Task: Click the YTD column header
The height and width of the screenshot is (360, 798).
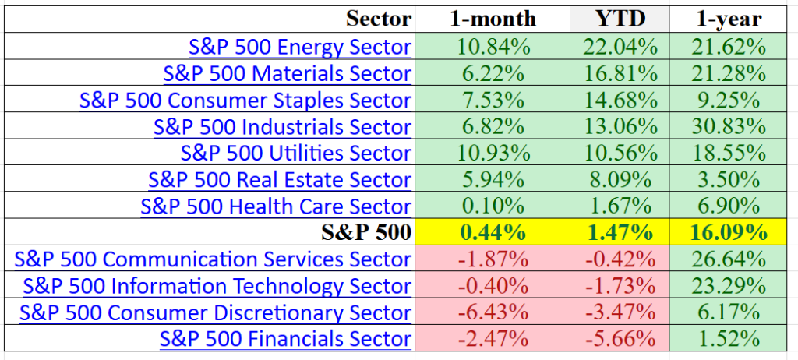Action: point(620,19)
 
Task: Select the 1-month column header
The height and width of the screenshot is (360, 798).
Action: point(493,19)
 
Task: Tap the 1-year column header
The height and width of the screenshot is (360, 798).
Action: point(729,19)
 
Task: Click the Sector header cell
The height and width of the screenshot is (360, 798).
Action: point(378,19)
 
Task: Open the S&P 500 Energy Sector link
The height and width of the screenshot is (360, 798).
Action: point(300,47)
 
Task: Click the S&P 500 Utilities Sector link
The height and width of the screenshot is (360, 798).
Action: point(295,153)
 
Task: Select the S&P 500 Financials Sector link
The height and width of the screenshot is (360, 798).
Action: point(285,339)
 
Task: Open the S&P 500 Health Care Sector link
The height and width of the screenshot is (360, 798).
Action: point(276,206)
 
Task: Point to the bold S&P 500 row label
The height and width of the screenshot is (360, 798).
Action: point(366,232)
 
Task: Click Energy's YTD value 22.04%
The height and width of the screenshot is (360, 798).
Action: point(620,48)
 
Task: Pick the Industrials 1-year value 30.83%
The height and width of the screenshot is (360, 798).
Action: point(729,127)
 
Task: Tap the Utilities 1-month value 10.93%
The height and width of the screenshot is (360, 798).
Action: point(493,154)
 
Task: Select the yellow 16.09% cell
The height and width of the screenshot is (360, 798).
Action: point(729,233)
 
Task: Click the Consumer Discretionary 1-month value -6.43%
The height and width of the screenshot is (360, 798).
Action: point(493,312)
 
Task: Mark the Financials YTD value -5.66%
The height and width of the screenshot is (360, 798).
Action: point(620,339)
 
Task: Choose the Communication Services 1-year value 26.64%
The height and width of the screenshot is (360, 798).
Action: point(729,259)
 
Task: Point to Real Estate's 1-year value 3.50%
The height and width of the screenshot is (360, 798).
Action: point(729,180)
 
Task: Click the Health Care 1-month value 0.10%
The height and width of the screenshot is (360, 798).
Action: point(493,206)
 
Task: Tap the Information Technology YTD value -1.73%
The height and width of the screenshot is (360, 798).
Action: point(620,286)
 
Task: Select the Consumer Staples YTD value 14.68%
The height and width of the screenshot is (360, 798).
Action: point(620,101)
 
